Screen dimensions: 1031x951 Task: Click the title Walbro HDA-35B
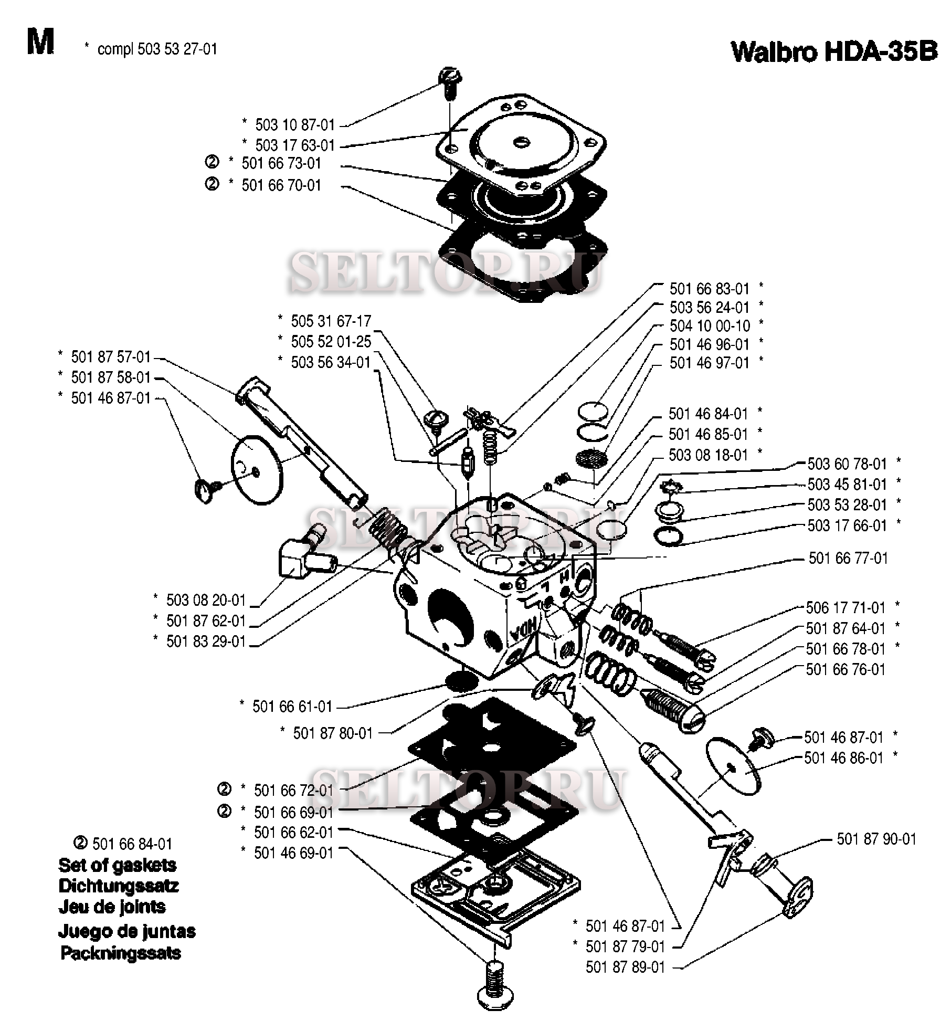coord(833,52)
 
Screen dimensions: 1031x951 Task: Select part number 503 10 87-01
coord(294,125)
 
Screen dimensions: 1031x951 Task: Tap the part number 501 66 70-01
coord(281,185)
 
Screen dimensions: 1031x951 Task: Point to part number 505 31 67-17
coord(331,321)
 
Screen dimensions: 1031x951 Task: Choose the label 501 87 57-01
coord(111,357)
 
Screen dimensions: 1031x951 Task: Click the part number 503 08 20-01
coord(206,599)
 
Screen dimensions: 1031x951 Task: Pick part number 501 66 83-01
coord(710,289)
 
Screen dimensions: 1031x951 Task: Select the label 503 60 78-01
coord(847,464)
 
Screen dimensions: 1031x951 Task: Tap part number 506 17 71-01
coord(846,607)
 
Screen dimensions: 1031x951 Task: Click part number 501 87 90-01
coord(876,839)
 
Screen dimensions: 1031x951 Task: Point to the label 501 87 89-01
coord(625,967)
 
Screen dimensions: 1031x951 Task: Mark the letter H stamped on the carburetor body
coord(564,576)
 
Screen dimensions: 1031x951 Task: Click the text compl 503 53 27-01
coord(157,49)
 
